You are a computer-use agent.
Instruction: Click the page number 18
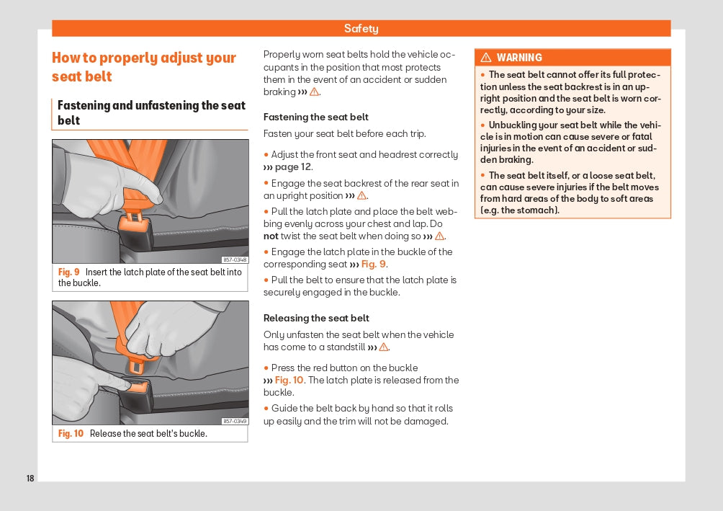click(30, 479)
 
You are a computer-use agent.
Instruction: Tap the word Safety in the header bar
click(361, 29)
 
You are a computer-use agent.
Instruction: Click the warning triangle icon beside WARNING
click(486, 58)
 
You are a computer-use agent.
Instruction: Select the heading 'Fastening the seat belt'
click(315, 117)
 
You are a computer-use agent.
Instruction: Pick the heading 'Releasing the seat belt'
click(316, 318)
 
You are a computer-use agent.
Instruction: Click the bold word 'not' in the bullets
click(271, 236)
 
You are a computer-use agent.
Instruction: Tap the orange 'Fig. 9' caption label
click(69, 272)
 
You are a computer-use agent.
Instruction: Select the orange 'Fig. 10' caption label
click(71, 434)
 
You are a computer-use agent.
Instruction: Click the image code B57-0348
click(235, 260)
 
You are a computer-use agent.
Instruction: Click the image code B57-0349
click(235, 422)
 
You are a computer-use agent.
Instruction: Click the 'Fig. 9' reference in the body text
click(373, 265)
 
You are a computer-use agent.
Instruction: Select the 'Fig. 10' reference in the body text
click(289, 381)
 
